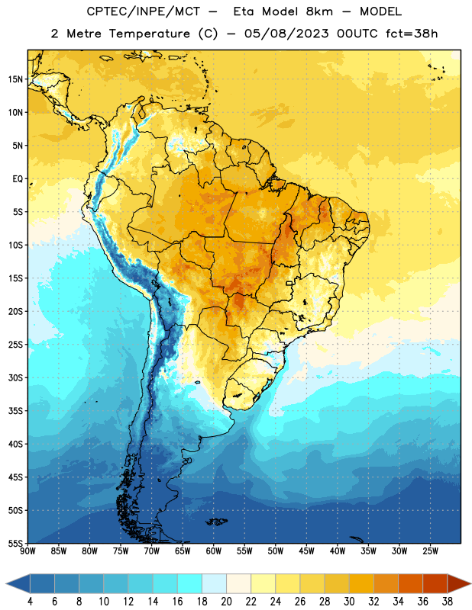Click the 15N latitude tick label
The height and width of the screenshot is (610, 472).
[x=15, y=79]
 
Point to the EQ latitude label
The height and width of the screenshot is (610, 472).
[x=18, y=179]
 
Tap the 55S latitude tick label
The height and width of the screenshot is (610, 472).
[x=15, y=543]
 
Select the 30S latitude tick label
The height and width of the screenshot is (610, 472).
[x=15, y=377]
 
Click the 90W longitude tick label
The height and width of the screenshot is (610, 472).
[x=27, y=551]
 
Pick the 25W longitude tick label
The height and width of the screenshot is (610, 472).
[x=430, y=551]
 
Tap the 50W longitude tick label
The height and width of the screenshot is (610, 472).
[x=276, y=551]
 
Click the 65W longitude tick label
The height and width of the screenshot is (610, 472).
[x=183, y=551]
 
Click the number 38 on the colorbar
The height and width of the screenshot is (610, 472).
[x=448, y=602]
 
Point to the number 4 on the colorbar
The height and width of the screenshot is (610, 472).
[x=30, y=602]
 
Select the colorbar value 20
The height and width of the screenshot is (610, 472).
[x=226, y=602]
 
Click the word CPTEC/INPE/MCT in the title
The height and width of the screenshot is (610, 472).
[x=143, y=11]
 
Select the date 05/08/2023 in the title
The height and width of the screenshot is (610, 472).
[x=286, y=34]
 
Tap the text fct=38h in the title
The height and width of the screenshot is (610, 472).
[x=412, y=34]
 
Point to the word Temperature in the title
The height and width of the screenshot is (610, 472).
[x=149, y=34]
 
